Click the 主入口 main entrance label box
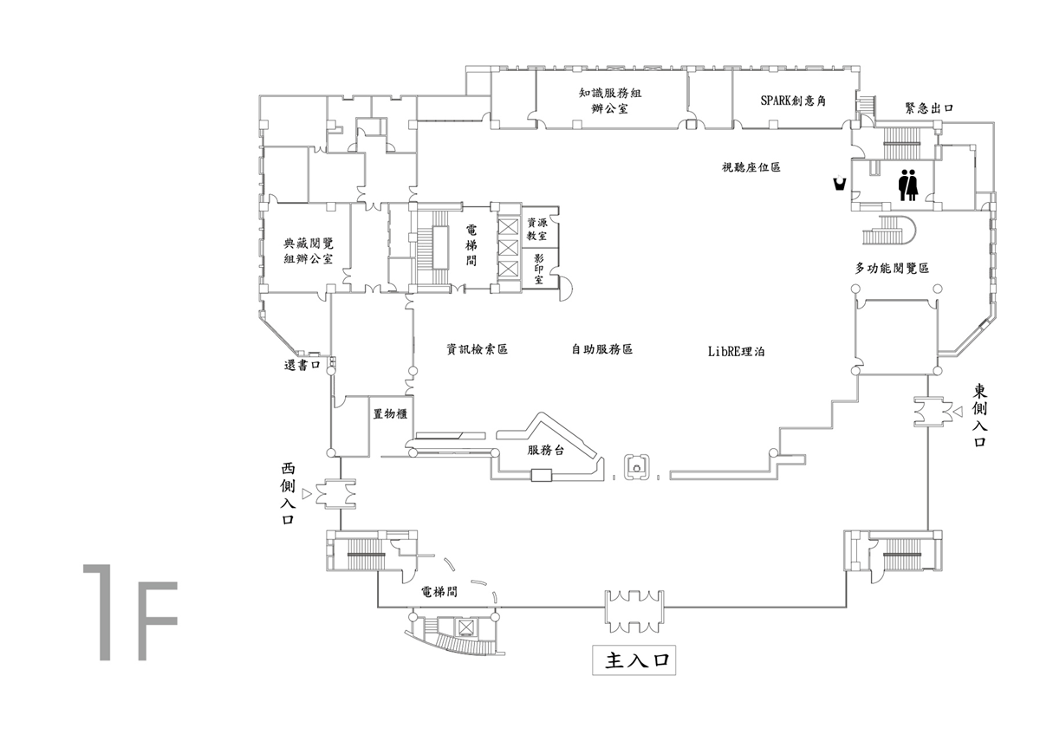point(634,660)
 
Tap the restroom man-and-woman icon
point(908,185)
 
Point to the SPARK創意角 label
point(793,101)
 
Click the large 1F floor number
point(131,612)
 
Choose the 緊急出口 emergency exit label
point(929,108)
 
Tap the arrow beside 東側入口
point(957,411)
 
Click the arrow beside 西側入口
point(307,493)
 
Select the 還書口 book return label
point(302,365)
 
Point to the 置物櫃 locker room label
point(391,413)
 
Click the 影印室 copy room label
point(538,269)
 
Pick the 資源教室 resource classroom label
point(536,229)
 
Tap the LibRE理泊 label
point(736,352)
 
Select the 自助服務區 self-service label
point(601,348)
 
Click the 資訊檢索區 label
point(477,348)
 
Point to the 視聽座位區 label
point(751,167)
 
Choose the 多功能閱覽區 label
point(892,268)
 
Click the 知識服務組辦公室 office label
point(610,101)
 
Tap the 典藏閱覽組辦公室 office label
point(309,250)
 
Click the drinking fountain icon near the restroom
point(840,183)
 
